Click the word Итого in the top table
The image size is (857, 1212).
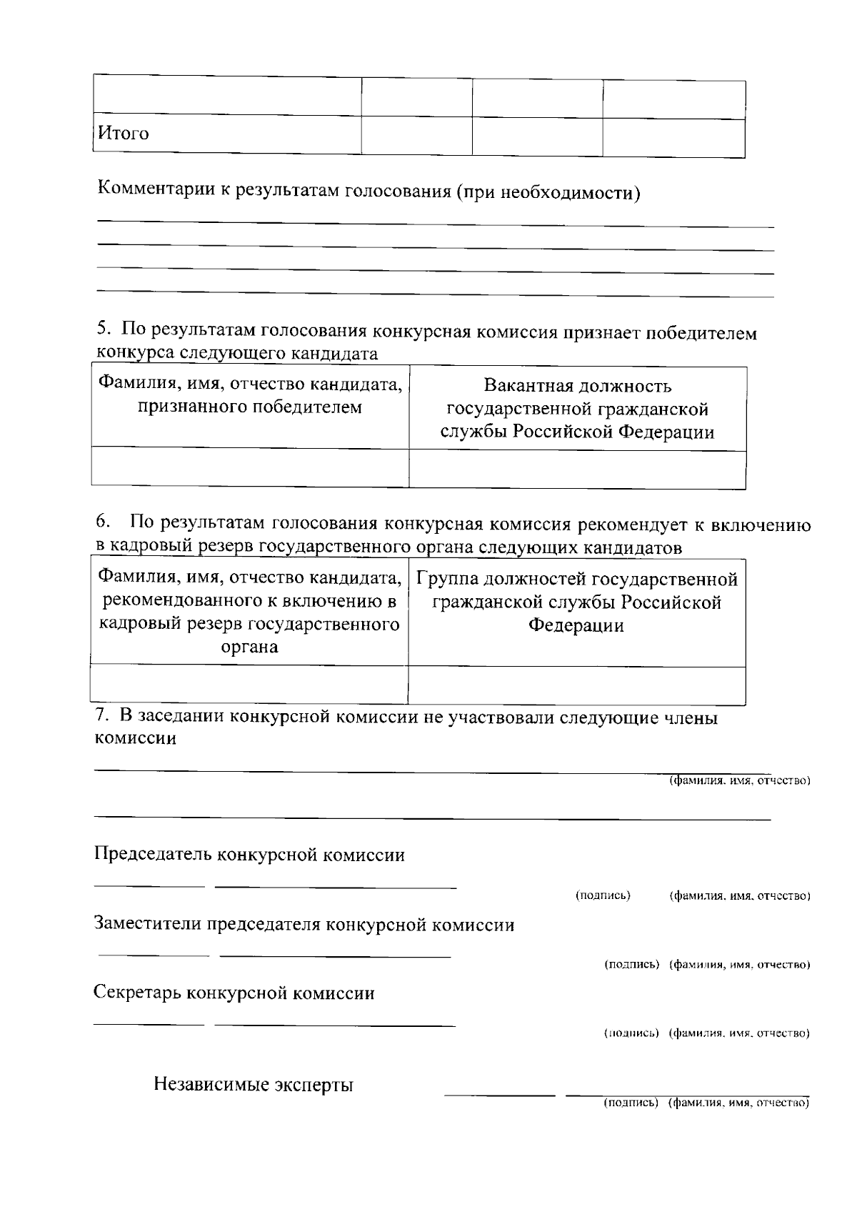coord(124,134)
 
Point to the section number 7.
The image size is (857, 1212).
coord(101,716)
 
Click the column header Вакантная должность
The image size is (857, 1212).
coord(577,387)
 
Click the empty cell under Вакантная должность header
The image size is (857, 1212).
coord(577,469)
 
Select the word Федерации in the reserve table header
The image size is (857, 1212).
coord(576,626)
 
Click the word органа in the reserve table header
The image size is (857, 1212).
coord(249,647)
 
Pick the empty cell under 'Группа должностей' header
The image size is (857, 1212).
coord(576,685)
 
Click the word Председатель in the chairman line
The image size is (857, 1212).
coord(152,855)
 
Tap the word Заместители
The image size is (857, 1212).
coord(148,925)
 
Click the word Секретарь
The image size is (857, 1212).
coord(138,993)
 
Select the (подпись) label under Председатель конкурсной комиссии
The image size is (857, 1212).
coord(603,895)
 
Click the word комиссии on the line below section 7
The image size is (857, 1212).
coord(136,738)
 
